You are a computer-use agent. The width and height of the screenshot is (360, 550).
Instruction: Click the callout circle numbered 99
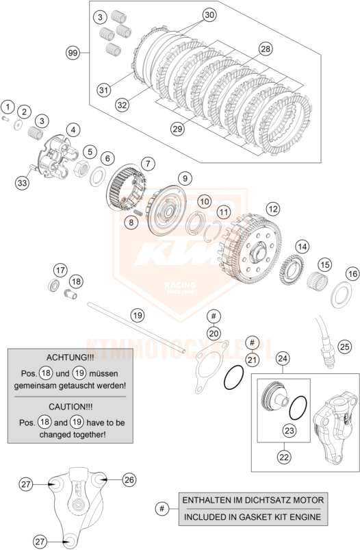click(73, 53)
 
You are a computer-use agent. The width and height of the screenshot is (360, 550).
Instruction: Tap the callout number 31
click(103, 90)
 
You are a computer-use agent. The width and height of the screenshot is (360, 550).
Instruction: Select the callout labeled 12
click(273, 209)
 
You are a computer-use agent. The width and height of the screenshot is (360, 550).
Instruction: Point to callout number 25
click(344, 347)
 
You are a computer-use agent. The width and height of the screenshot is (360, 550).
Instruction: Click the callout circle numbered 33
click(23, 183)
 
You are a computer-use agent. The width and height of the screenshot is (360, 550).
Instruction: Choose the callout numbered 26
click(129, 479)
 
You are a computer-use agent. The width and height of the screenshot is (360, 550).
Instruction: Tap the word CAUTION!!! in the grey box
click(70, 407)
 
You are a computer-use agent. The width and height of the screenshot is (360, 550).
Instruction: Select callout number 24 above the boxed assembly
click(283, 358)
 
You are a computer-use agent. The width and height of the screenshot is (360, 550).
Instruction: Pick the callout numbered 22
click(284, 457)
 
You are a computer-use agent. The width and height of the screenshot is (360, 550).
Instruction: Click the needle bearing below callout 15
click(318, 282)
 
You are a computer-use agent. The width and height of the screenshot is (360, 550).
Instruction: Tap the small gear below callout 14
click(292, 270)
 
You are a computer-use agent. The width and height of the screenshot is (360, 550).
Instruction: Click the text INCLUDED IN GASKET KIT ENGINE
click(253, 516)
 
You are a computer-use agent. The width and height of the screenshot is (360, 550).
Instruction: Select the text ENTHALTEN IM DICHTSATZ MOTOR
click(253, 500)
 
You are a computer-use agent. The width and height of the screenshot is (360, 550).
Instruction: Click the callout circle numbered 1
click(8, 107)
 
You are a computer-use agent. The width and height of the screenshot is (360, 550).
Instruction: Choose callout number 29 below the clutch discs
click(177, 129)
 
